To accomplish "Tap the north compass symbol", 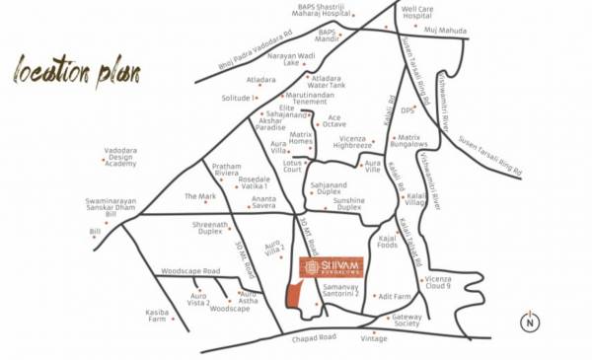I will [x=530, y=322].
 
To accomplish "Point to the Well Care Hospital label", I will [x=417, y=12].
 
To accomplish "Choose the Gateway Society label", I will [x=407, y=320].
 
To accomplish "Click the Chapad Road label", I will [x=314, y=337].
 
